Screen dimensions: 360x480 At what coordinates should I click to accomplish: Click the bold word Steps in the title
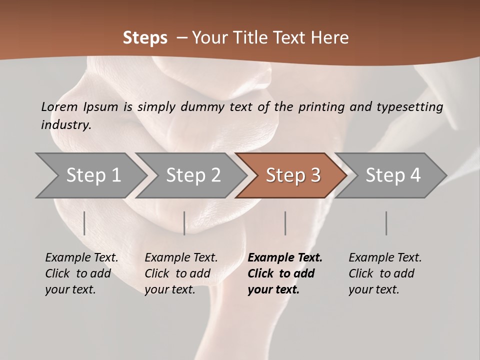tap(145, 38)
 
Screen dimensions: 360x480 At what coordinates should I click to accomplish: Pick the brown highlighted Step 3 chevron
tap(293, 175)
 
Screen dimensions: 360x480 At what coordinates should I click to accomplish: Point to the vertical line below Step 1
tap(84, 223)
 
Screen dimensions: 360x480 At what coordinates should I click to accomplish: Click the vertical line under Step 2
tap(184, 223)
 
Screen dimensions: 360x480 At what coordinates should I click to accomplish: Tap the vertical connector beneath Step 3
tap(285, 223)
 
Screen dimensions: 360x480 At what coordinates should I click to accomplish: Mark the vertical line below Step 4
tap(386, 223)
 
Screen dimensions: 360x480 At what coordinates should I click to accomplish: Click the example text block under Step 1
tap(81, 273)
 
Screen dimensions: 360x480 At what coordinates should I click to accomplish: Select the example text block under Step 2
tap(181, 273)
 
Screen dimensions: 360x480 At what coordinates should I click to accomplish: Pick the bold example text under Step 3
tap(285, 273)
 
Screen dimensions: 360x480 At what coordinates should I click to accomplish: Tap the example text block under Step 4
tap(385, 273)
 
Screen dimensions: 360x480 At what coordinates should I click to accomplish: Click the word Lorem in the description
tap(59, 107)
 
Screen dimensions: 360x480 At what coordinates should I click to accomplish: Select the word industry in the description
tap(65, 125)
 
